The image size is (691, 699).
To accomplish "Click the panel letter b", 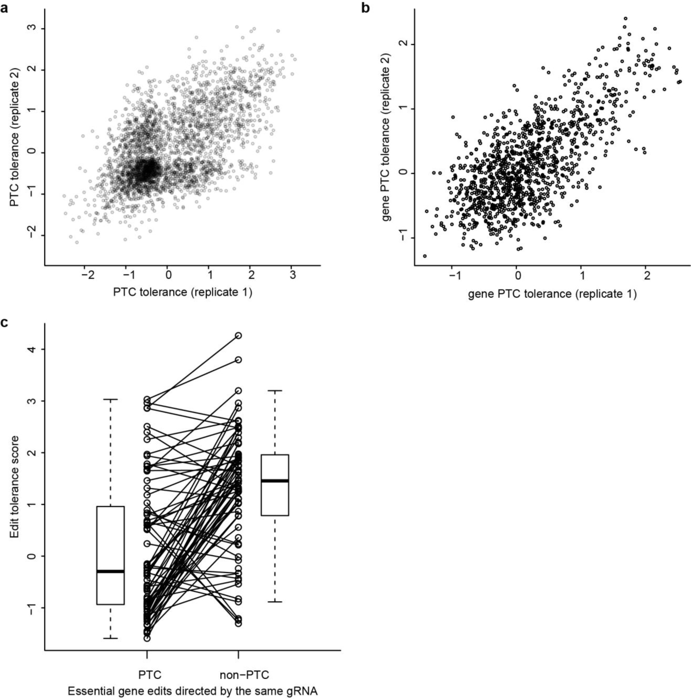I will point(365,8).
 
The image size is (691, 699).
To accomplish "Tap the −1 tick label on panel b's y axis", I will point(403,237).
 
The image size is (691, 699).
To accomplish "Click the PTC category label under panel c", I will point(149,675).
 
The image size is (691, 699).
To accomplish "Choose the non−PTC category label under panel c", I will point(244,675).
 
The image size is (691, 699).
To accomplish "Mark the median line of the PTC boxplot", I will point(111,571).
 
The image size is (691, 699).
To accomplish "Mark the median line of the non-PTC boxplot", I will point(275,481).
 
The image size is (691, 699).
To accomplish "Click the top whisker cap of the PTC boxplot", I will point(111,399).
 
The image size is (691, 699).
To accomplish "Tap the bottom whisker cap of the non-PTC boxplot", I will point(275,602).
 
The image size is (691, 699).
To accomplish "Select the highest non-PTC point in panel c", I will point(238,336).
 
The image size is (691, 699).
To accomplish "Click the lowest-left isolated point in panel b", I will point(425,256).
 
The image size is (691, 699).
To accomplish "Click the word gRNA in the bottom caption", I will point(299,691).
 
